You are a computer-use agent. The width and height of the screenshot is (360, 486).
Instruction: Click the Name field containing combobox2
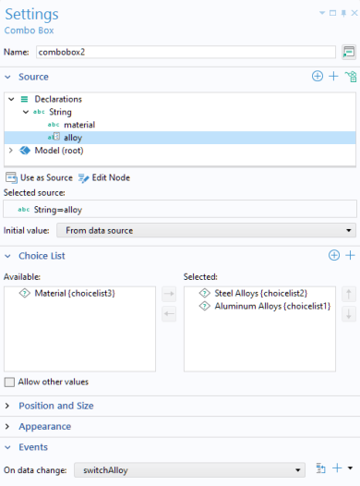pyautogui.click(x=186, y=52)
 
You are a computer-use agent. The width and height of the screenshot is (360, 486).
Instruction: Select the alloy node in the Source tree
pyautogui.click(x=73, y=138)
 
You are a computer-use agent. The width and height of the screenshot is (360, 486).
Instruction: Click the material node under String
pyautogui.click(x=79, y=125)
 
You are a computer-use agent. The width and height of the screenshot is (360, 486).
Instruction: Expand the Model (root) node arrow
pyautogui.click(x=11, y=151)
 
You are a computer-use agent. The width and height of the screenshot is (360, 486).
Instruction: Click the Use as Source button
pyautogui.click(x=39, y=178)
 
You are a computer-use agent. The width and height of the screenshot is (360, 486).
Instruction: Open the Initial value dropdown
pyautogui.click(x=206, y=231)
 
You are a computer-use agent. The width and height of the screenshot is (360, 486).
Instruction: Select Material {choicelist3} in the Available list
pyautogui.click(x=75, y=293)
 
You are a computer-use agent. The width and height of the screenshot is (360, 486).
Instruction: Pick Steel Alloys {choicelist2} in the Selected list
pyautogui.click(x=260, y=293)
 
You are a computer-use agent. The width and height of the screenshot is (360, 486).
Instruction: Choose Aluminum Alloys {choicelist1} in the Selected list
pyautogui.click(x=272, y=306)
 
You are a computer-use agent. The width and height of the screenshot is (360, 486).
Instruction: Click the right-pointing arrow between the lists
pyautogui.click(x=169, y=294)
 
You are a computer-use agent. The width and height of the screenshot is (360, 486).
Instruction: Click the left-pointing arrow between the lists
pyautogui.click(x=169, y=314)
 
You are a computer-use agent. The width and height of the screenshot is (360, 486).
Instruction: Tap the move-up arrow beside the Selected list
pyautogui.click(x=349, y=294)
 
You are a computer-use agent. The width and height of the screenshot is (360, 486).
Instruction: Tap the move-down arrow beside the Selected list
pyautogui.click(x=349, y=314)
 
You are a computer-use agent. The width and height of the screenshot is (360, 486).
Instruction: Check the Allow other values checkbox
pyautogui.click(x=9, y=383)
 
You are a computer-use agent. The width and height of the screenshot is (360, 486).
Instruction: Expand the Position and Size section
pyautogui.click(x=56, y=406)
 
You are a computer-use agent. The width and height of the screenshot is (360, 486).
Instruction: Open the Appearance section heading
pyautogui.click(x=45, y=427)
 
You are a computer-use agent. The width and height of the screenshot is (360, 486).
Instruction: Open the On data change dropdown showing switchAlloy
pyautogui.click(x=189, y=470)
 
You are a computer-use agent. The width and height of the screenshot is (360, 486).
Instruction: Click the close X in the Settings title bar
pyautogui.click(x=354, y=13)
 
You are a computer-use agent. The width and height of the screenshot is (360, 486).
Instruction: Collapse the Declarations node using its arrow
pyautogui.click(x=11, y=99)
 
